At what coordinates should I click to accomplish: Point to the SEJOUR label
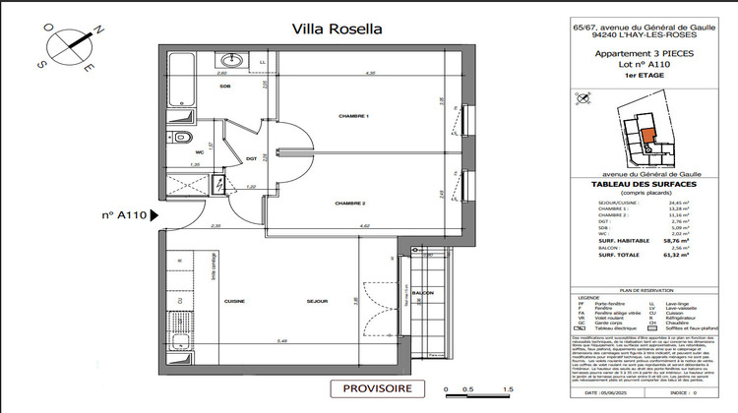[x=315, y=302]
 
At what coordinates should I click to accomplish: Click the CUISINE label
[x=234, y=302]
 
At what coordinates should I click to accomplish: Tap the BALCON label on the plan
[x=422, y=294]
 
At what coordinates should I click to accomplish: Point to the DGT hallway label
[x=250, y=158]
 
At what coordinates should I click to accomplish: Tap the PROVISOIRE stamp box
[x=377, y=389]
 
